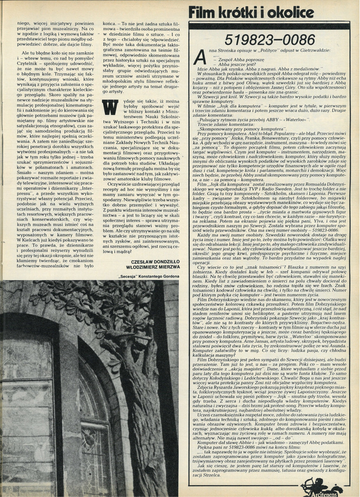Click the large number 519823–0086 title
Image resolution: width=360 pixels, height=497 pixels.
click(x=269, y=40)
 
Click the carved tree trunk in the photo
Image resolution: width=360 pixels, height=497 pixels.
click(x=139, y=400)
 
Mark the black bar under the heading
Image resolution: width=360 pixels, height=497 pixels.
click(x=269, y=26)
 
